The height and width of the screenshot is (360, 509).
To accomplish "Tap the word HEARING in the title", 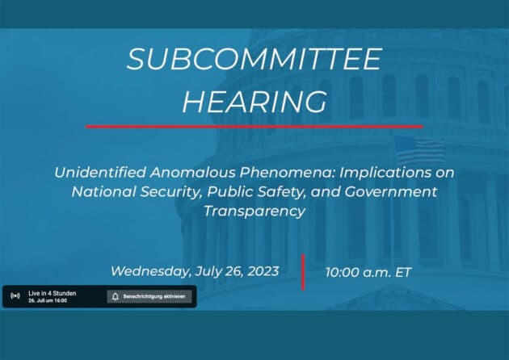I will click(x=254, y=102).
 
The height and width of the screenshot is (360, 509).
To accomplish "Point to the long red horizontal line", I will click(x=254, y=126).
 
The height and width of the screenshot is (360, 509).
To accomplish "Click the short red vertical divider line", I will click(x=303, y=271).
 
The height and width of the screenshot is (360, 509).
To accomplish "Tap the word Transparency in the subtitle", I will click(x=254, y=211).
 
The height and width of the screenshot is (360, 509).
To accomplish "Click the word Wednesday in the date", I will click(x=150, y=270).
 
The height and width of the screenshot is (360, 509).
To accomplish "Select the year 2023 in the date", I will click(x=258, y=270).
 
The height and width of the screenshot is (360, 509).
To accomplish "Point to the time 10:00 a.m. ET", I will click(x=368, y=272).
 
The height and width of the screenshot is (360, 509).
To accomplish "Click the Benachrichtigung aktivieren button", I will click(x=150, y=296).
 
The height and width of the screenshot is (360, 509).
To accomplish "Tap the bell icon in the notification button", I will click(x=116, y=296).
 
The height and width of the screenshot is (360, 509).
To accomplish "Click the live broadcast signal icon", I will click(x=15, y=296).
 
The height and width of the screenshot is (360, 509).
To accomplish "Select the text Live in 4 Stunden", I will click(x=52, y=293).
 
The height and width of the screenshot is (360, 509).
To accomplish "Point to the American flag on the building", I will click(x=419, y=150).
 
